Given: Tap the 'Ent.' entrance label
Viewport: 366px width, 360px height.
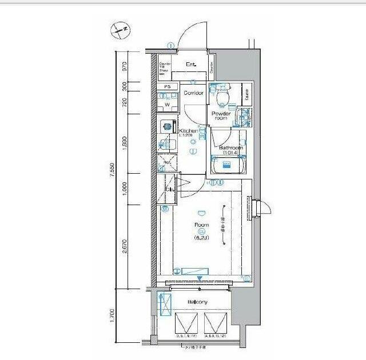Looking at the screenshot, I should [x=191, y=65].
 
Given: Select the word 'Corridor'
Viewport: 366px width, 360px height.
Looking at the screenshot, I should [x=193, y=93].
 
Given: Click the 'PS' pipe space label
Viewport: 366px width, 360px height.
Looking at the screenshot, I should [x=168, y=87].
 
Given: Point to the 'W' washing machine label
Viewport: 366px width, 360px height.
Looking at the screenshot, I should [x=168, y=105].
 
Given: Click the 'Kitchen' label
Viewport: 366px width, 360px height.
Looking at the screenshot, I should [x=189, y=131].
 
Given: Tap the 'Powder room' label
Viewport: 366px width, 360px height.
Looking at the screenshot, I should [x=221, y=116].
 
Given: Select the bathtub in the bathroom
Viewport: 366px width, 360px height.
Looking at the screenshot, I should [x=228, y=166].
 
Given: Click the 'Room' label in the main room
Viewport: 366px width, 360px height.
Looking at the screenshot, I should [x=201, y=225].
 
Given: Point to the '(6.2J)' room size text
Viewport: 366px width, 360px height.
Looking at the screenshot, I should [x=201, y=237].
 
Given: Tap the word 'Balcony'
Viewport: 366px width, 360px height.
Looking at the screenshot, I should [x=197, y=302].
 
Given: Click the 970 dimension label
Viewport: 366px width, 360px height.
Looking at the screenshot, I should [x=125, y=66].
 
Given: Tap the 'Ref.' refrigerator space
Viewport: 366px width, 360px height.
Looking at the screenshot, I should [x=168, y=162].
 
